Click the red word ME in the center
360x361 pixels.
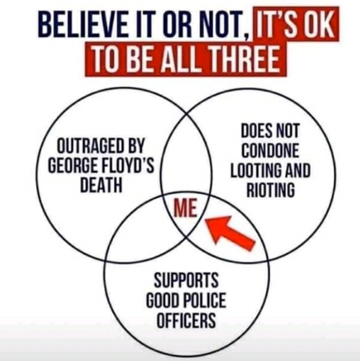(x=185, y=208)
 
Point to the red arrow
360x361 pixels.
(x=229, y=233)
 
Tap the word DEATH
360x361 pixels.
(x=101, y=184)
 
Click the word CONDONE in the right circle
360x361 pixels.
(x=270, y=150)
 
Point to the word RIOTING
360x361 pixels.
(x=270, y=190)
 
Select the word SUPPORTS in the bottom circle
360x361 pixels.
(x=186, y=279)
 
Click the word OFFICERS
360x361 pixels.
(x=186, y=320)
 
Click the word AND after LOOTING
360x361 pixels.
(x=298, y=170)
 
